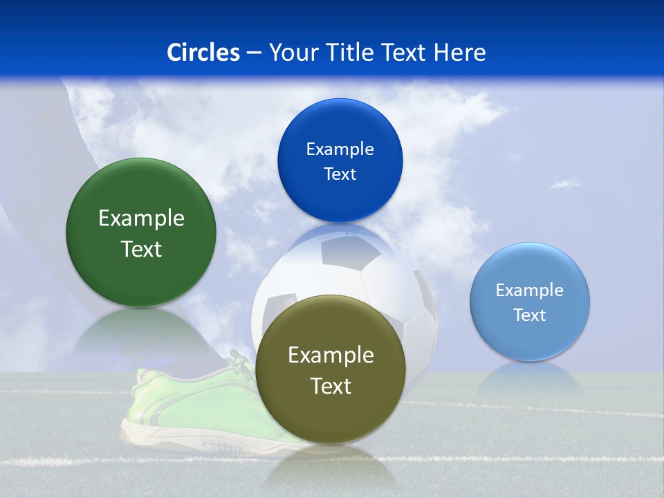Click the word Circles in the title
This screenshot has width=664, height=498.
(x=203, y=53)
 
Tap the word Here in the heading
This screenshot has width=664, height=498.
(x=459, y=53)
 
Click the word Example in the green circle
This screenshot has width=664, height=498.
(x=141, y=219)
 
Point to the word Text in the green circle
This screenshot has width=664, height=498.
(x=141, y=249)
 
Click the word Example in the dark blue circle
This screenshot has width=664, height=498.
(x=340, y=149)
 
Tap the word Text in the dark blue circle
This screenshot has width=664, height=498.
(x=340, y=174)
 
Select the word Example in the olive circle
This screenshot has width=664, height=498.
(x=331, y=356)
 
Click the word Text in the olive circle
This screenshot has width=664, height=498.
(x=331, y=386)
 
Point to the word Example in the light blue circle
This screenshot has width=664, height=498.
(x=529, y=290)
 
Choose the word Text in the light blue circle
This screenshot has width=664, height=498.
(x=529, y=315)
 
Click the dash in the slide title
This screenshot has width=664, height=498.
(x=254, y=53)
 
